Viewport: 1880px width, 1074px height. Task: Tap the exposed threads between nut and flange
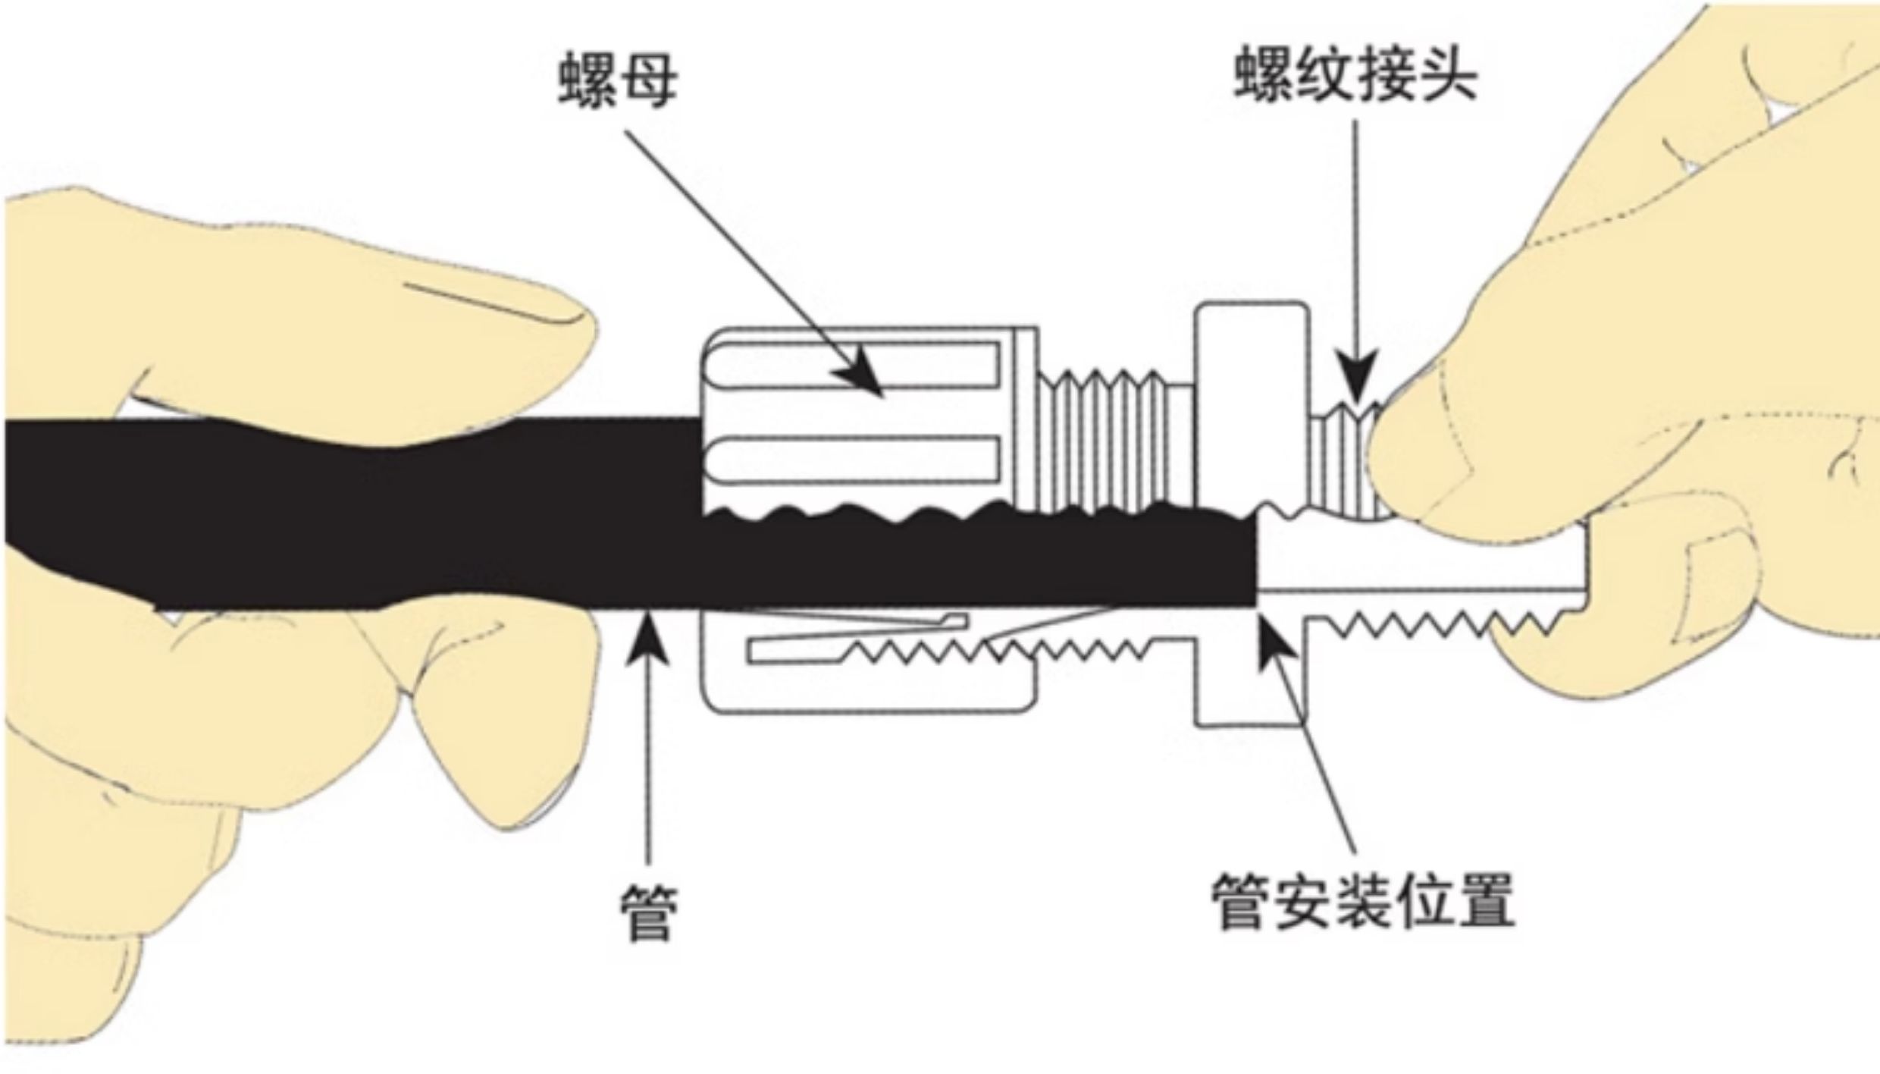[1114, 440]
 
